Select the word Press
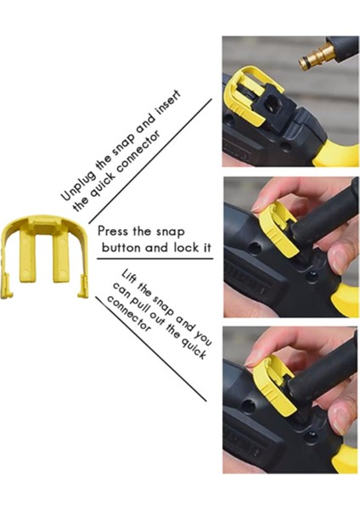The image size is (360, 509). tap(115, 232)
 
